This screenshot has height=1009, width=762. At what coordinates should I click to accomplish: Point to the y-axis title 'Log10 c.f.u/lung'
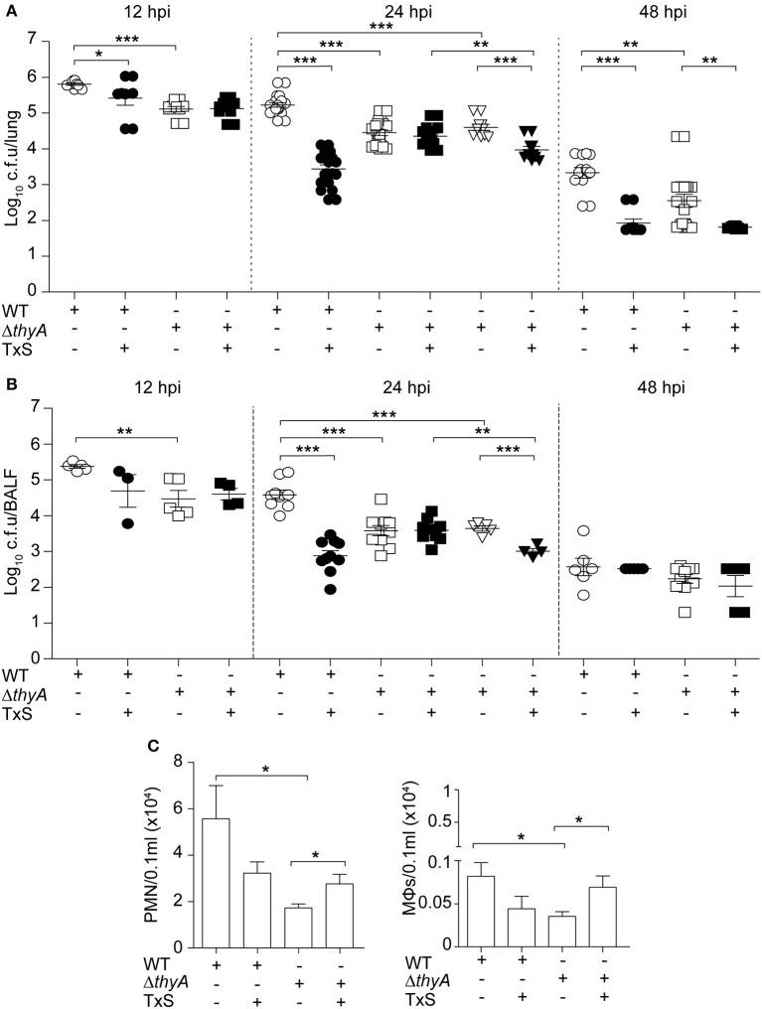13,165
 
